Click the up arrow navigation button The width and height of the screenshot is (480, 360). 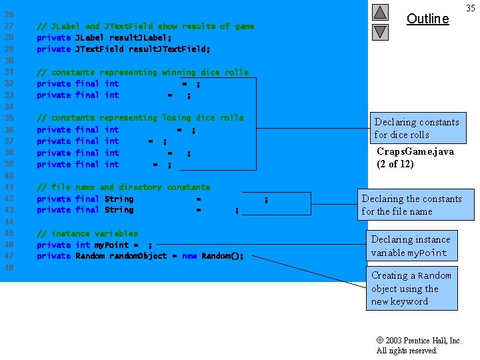pos(380,12)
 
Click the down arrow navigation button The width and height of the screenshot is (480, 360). pos(380,31)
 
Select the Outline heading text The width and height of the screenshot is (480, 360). pos(427,19)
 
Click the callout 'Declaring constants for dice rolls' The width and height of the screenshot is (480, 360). pos(417,128)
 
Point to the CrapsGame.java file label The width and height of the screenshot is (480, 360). pos(415,151)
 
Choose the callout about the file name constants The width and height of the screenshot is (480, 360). pos(411,205)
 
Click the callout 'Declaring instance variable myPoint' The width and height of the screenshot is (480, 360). pos(411,245)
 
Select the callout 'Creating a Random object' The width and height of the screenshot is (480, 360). pos(411,288)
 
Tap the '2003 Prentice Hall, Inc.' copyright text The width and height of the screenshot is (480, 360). pos(419,340)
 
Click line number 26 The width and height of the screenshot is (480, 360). pos(9,15)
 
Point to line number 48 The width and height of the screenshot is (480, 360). pos(9,267)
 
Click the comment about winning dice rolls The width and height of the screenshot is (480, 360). pos(143,72)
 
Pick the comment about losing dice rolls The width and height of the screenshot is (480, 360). pos(140,118)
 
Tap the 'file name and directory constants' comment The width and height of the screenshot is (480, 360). pos(123,187)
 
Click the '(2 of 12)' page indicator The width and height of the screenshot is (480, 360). pos(395,164)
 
